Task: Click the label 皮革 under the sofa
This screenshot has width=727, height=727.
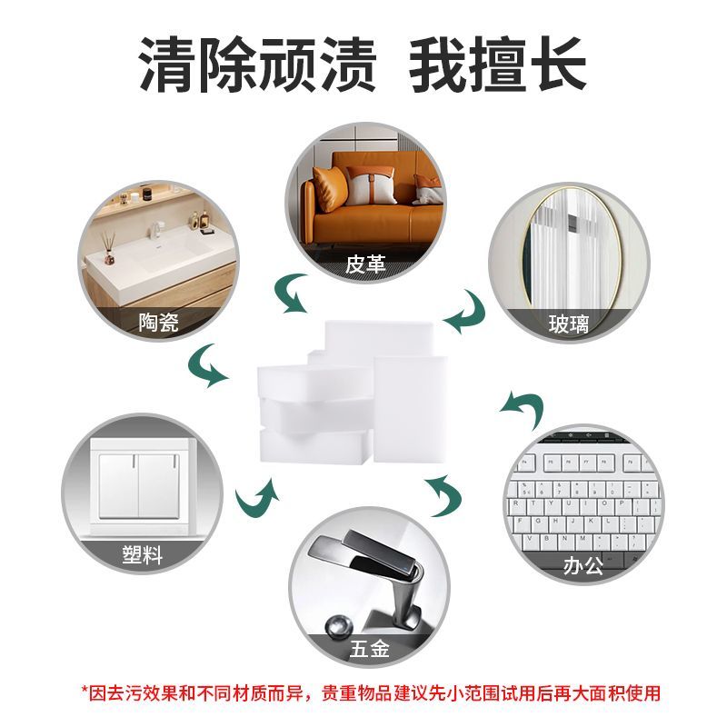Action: click(x=365, y=264)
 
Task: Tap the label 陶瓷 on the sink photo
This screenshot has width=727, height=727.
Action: click(x=158, y=322)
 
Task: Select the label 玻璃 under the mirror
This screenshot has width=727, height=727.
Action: click(x=569, y=324)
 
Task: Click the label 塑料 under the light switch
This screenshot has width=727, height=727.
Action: click(x=143, y=554)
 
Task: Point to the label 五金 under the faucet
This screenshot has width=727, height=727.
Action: click(x=369, y=648)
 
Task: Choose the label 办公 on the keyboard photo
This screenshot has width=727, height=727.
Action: click(x=583, y=565)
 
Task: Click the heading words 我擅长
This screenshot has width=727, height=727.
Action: click(x=497, y=65)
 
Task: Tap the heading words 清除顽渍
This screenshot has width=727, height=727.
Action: click(x=257, y=65)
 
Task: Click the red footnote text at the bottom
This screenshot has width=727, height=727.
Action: click(x=371, y=693)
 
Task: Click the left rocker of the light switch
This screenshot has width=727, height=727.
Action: click(x=118, y=485)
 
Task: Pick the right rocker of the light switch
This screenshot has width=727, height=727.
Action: click(x=159, y=485)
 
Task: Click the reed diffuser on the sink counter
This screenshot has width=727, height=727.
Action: click(x=108, y=248)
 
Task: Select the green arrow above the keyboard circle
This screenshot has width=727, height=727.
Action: click(x=524, y=408)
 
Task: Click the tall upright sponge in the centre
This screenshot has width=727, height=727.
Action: click(x=411, y=409)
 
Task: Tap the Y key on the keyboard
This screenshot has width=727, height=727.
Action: click(x=551, y=503)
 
